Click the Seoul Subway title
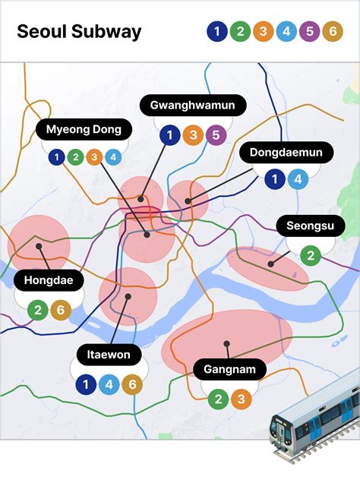coord(79,32)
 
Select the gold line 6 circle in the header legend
coord(332,32)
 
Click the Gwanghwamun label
coord(193,106)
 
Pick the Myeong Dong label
coord(84,129)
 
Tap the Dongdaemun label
coord(286,153)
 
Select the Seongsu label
coord(310,226)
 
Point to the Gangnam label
coord(229,370)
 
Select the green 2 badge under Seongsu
coord(311,255)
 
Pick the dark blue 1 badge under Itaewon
coord(87,385)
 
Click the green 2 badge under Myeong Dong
coord(74,158)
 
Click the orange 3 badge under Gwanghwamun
coord(194,136)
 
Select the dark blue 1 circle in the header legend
coord(216,32)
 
